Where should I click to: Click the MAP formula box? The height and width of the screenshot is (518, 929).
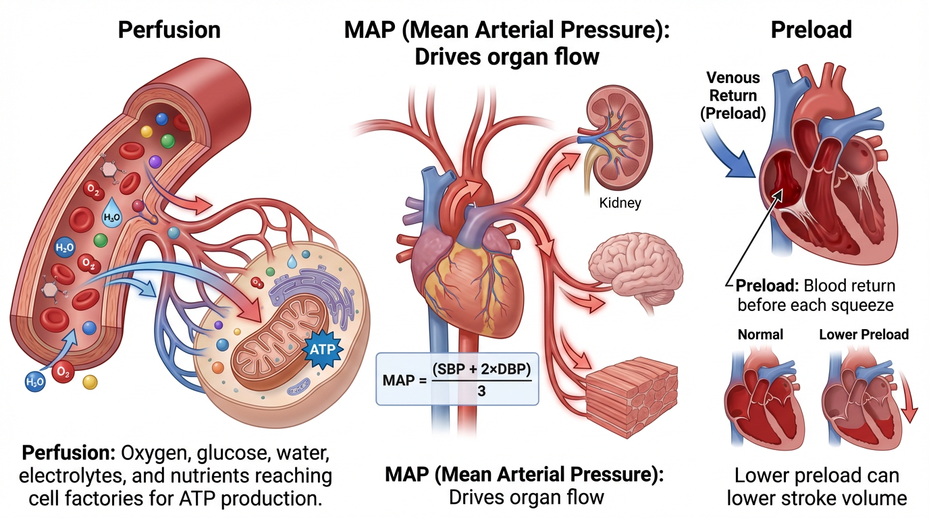pyautogui.click(x=456, y=378)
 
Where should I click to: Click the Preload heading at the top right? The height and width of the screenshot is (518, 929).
pyautogui.click(x=810, y=30)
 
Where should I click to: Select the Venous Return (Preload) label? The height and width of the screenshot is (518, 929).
pyautogui.click(x=733, y=96)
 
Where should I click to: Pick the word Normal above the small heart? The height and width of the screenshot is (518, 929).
pyautogui.click(x=760, y=335)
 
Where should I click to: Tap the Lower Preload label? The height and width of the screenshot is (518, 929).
pyautogui.click(x=864, y=335)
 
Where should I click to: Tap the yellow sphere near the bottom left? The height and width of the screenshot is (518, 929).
pyautogui.click(x=89, y=382)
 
